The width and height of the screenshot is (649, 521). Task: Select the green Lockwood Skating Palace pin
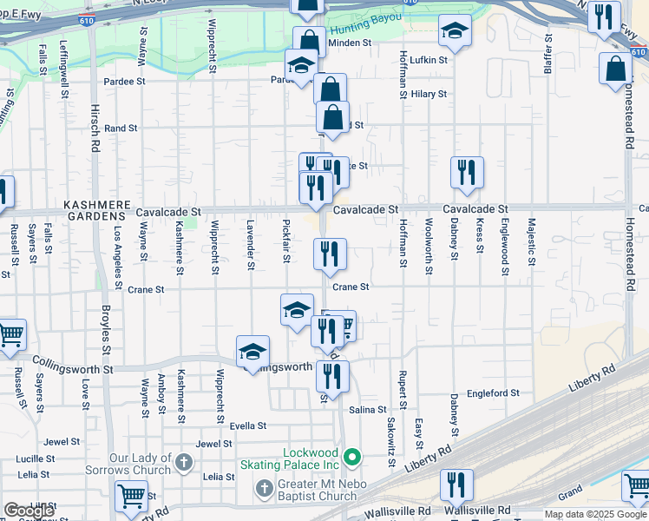(351, 456)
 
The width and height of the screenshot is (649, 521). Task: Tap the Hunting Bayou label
(367, 18)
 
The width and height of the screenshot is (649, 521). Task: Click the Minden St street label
(350, 42)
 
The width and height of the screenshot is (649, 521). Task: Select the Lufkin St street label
(429, 61)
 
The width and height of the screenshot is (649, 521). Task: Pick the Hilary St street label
(429, 94)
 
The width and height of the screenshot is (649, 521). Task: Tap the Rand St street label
(121, 128)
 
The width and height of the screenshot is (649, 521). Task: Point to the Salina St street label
(368, 409)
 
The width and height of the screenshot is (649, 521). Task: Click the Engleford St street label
(493, 392)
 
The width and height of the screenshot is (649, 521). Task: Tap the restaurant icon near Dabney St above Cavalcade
(467, 172)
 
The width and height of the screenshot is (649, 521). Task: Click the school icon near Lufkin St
(455, 31)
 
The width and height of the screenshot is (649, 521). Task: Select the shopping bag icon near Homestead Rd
(615, 68)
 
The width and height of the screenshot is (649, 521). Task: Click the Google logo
(29, 511)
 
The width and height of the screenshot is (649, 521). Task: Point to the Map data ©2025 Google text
(595, 514)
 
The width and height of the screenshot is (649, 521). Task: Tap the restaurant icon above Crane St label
(330, 254)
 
